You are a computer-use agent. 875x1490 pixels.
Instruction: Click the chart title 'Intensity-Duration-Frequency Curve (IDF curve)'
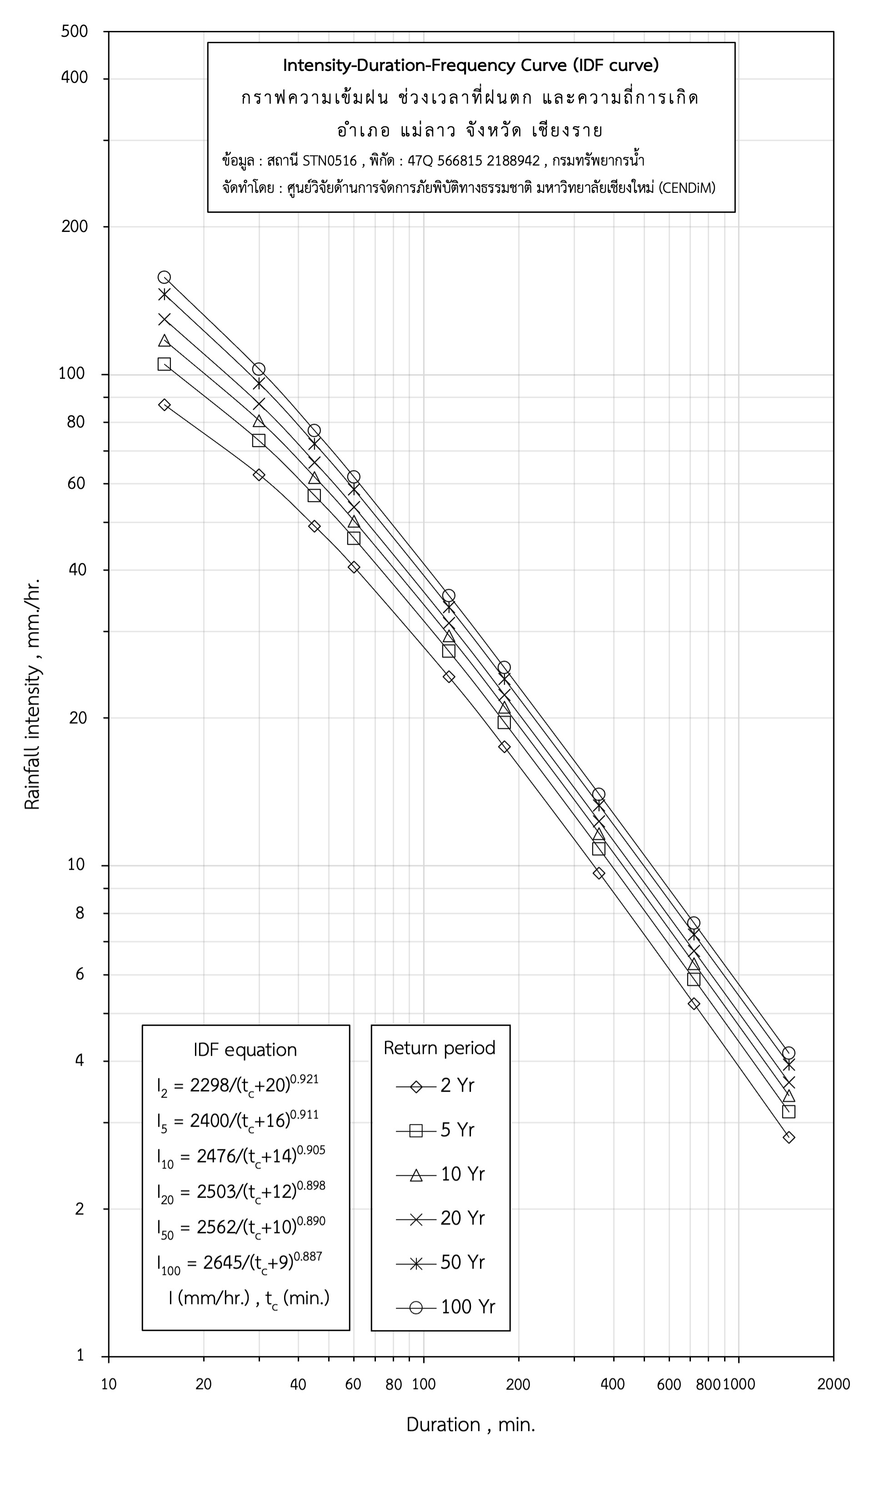pyautogui.click(x=470, y=65)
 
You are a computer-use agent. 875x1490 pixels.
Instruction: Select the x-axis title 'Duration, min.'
pyautogui.click(x=470, y=1425)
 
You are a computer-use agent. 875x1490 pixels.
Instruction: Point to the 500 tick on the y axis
pyautogui.click(x=75, y=31)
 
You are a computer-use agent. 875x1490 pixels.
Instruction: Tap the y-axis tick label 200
pyautogui.click(x=75, y=226)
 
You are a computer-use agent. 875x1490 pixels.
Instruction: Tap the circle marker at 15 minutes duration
pyautogui.click(x=165, y=277)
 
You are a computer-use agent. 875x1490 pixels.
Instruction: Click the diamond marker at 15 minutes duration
pyautogui.click(x=165, y=405)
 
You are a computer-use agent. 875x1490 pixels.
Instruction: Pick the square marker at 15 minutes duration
pyautogui.click(x=165, y=364)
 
